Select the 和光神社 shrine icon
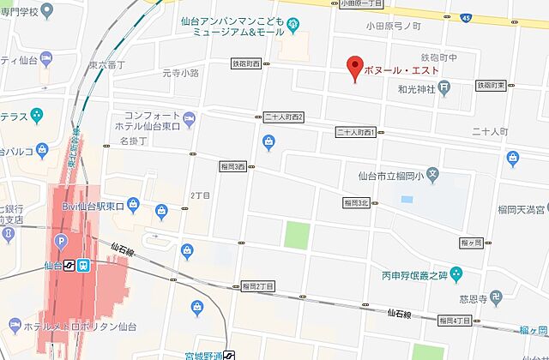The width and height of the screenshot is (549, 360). tap(444, 87)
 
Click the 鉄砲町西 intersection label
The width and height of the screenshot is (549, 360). tap(251, 63)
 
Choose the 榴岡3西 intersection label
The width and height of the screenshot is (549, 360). tap(232, 166)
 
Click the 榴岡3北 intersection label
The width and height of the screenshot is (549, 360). tap(355, 202)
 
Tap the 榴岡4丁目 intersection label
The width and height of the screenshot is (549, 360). tap(455, 320)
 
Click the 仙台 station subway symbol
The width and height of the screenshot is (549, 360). tap(83, 266)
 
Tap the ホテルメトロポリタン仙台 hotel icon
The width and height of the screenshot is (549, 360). tap(12, 326)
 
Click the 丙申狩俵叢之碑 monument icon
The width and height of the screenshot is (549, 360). tap(456, 275)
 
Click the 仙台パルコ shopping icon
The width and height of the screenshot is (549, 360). tap(43, 152)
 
